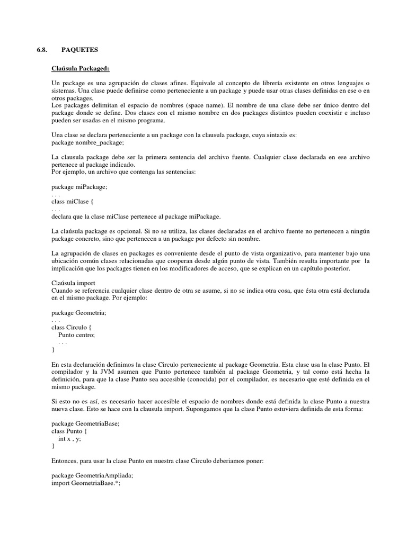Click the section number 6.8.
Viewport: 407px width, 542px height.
[x=42, y=50]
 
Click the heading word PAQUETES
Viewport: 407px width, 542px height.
[x=76, y=50]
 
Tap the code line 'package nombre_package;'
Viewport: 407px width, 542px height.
[x=88, y=142]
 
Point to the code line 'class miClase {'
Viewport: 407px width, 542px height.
[x=73, y=202]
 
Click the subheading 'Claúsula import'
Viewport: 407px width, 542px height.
[x=73, y=283]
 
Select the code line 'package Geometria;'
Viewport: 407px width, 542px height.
[x=79, y=312]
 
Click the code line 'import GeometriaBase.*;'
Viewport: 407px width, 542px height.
[x=86, y=483]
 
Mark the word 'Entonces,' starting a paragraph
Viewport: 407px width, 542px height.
[x=65, y=460]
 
